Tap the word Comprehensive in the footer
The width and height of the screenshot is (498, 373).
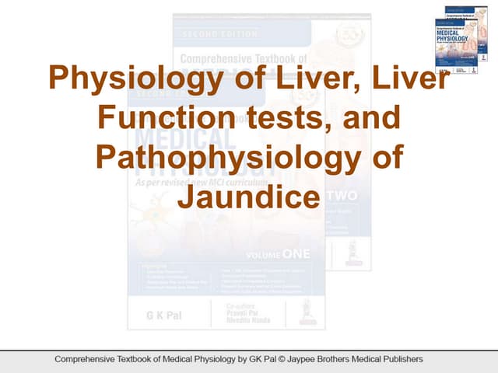click(85, 359)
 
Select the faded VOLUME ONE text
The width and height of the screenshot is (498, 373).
click(277, 254)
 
